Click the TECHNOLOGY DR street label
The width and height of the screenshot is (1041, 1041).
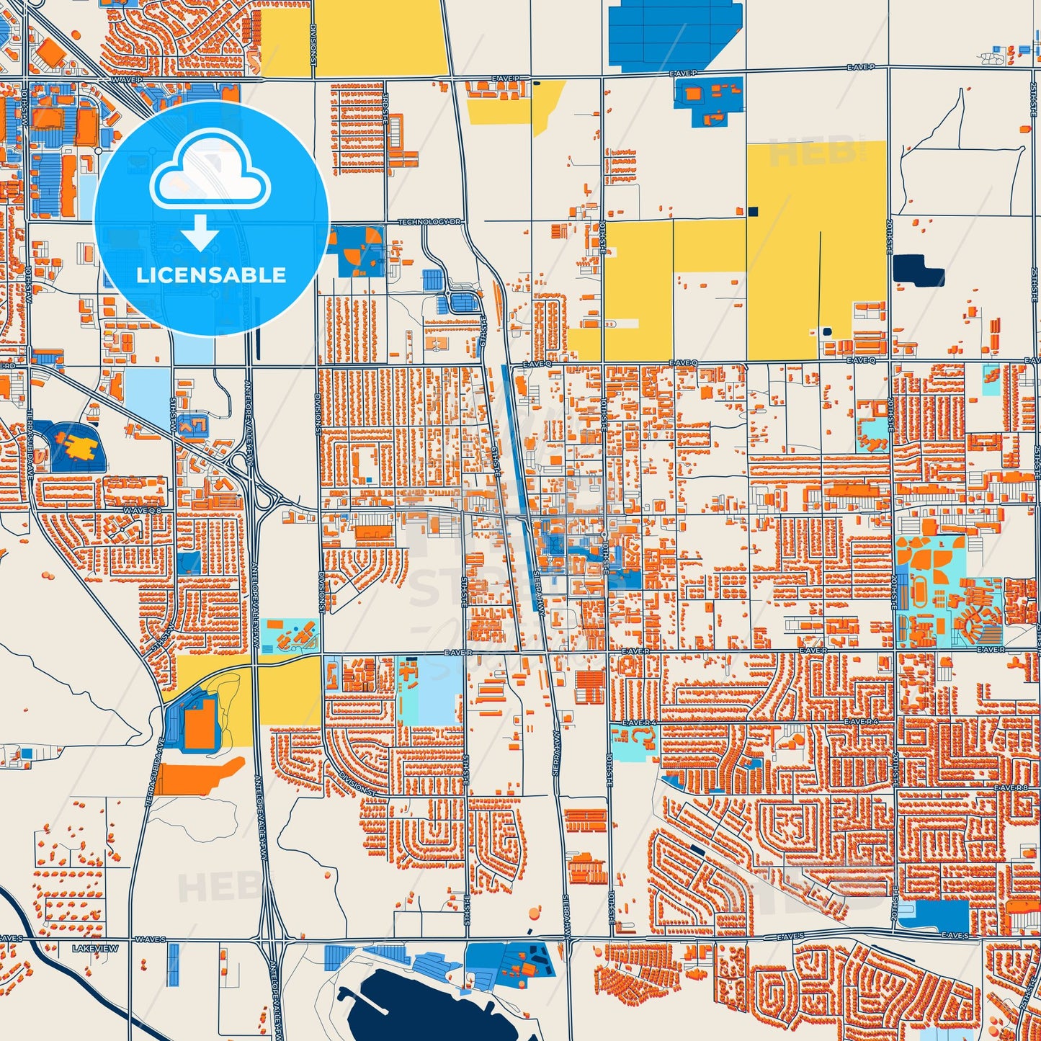coord(429,222)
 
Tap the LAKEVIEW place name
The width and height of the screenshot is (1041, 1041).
coord(95,949)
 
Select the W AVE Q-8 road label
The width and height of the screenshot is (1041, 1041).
coord(143,510)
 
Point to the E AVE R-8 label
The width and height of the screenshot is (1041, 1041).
coord(1011,788)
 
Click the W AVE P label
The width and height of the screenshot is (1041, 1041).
coord(127,80)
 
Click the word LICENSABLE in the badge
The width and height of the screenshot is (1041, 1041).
coord(211,275)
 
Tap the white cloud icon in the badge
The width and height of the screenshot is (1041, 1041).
coord(210,170)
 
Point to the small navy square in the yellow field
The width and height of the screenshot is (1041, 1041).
coord(753,211)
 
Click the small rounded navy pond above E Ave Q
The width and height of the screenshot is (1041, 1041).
coord(826,332)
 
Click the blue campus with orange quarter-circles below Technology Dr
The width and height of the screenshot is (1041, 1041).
coord(358,251)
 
